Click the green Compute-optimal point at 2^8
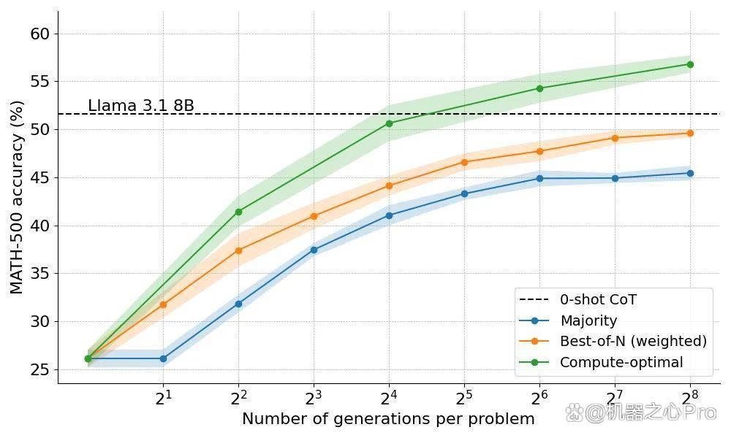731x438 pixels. [690, 64]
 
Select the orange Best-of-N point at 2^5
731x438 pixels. [464, 162]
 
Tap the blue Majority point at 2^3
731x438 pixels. [314, 250]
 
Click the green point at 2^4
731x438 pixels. [390, 123]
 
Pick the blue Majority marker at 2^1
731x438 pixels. [163, 358]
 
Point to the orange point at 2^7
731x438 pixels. [615, 138]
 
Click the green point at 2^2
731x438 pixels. [239, 212]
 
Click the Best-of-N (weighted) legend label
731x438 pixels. [633, 341]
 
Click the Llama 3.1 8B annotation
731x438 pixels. [141, 106]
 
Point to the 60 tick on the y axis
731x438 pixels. [39, 34]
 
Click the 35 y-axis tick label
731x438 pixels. [39, 274]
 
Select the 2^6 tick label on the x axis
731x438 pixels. [539, 397]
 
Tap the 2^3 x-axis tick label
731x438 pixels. [314, 397]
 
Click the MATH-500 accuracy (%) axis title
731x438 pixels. [17, 197]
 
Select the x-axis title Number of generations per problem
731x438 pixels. [388, 419]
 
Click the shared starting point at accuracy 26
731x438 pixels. [88, 358]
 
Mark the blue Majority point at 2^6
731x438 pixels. [539, 178]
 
